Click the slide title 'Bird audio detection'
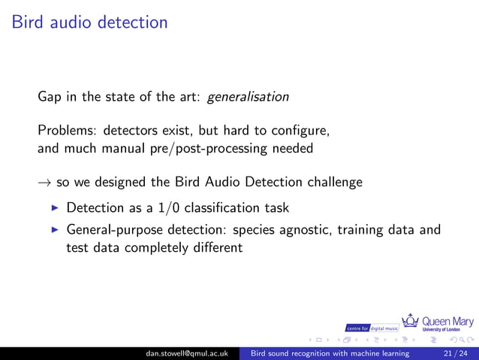(x=90, y=23)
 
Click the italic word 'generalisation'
(x=247, y=97)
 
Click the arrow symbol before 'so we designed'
(x=44, y=183)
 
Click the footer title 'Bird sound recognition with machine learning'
(x=330, y=353)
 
